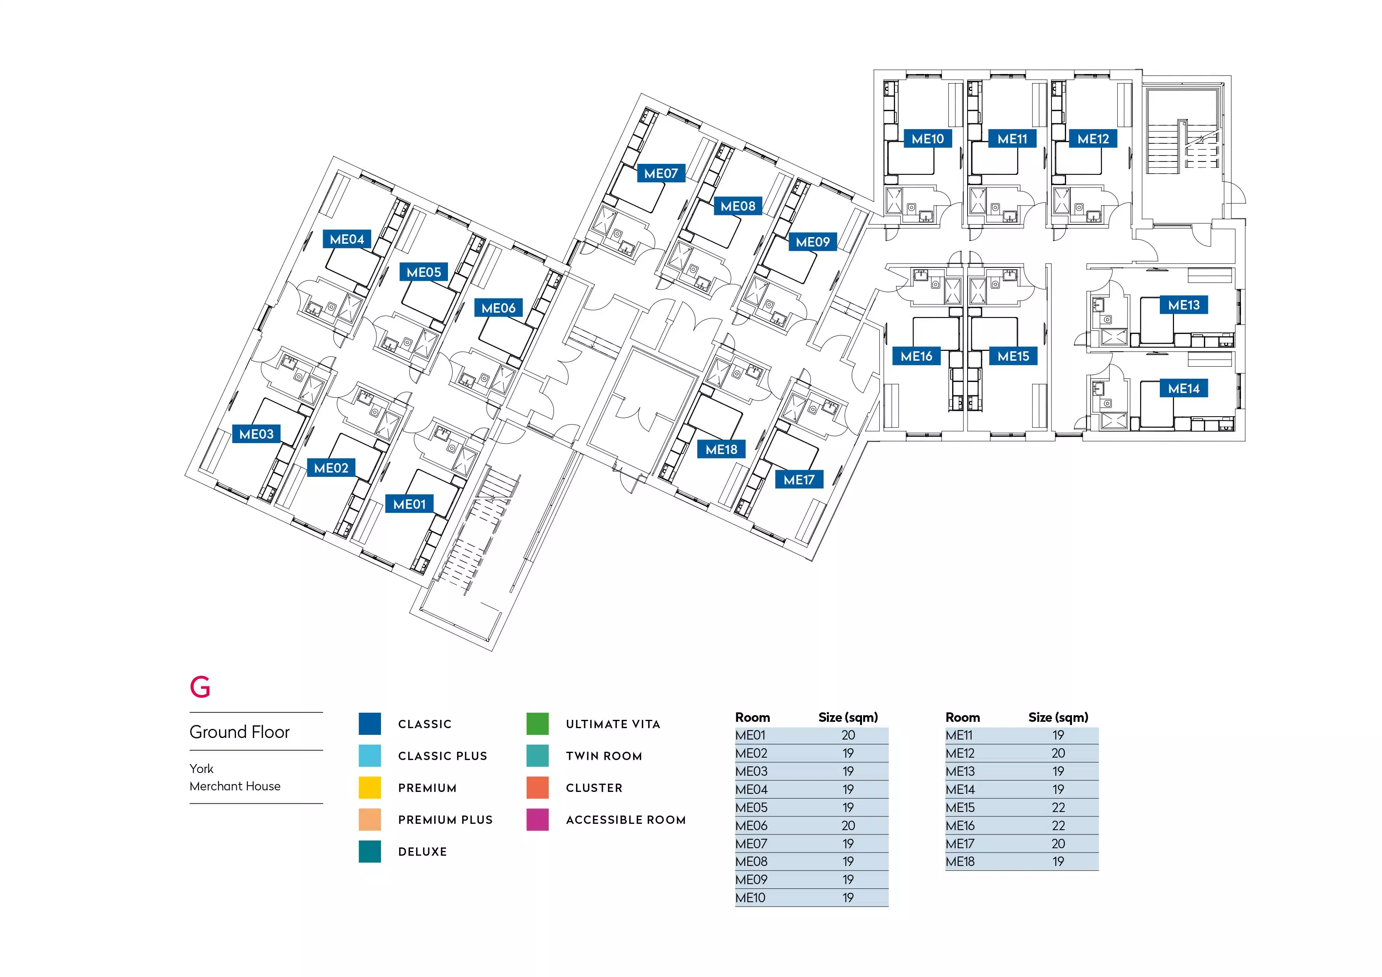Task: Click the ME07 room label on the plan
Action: [661, 173]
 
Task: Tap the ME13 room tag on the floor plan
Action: [1183, 305]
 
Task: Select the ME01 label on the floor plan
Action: [409, 504]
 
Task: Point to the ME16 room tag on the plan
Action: [916, 356]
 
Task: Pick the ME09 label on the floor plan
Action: [813, 242]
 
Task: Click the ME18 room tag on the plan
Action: [721, 449]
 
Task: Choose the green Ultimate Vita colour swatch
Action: [537, 724]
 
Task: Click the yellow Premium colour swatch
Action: [370, 788]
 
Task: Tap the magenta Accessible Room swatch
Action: [537, 819]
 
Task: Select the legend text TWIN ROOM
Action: [604, 756]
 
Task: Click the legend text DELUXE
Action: [423, 852]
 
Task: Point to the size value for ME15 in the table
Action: [1058, 807]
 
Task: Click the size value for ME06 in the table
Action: [848, 825]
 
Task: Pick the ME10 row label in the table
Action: [750, 897]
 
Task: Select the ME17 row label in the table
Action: [960, 844]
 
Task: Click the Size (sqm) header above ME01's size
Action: [848, 717]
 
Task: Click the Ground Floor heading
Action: [240, 732]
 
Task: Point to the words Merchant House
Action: [235, 786]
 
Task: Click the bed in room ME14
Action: [1156, 414]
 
